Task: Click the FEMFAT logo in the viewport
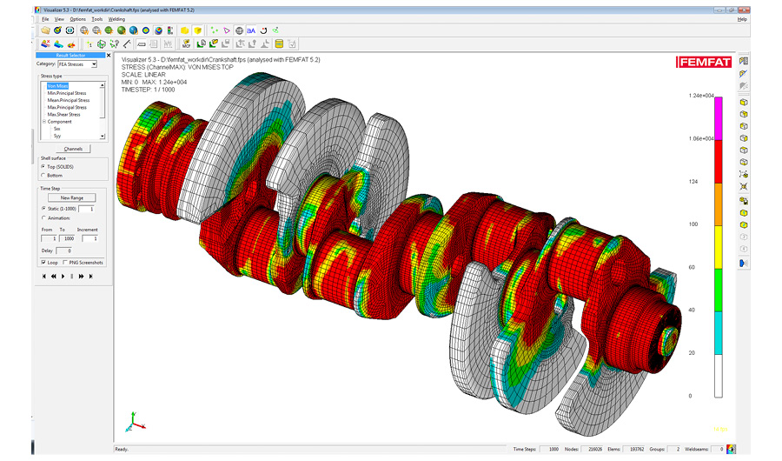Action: coord(704,62)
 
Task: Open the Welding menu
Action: coord(116,18)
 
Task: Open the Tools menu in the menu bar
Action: coord(97,18)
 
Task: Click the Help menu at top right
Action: coord(741,18)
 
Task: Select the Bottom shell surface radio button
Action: coord(43,175)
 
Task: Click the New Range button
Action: coord(71,197)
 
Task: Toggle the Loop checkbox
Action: coord(43,262)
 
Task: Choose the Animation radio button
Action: coord(43,218)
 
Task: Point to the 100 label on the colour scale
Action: coord(693,224)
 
